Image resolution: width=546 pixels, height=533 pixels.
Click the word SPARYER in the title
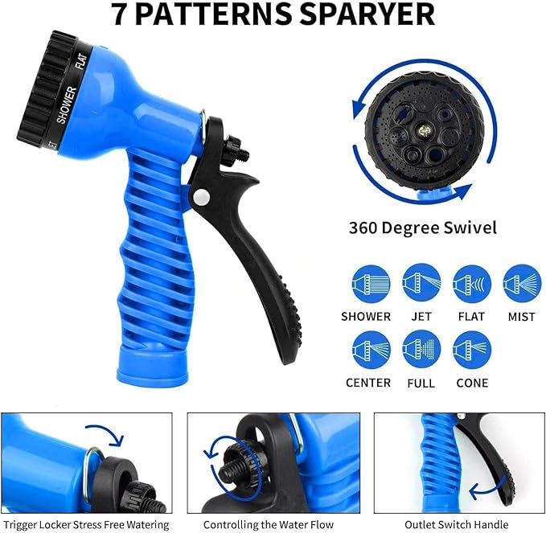point(366,15)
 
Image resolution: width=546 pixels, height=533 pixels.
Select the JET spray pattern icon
point(421,284)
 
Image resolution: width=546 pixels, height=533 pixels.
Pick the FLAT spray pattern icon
point(472,284)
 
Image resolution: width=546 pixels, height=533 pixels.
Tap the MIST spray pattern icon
point(522,284)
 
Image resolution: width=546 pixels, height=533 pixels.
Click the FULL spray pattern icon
point(421,349)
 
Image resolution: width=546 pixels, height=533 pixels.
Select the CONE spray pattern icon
point(472,349)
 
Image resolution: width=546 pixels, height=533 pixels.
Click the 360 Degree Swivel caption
point(423,228)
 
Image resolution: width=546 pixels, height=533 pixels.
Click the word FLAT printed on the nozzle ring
point(81,64)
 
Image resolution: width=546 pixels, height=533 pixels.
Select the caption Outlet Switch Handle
point(457,524)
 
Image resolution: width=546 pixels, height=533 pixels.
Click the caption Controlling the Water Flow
point(268,524)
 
